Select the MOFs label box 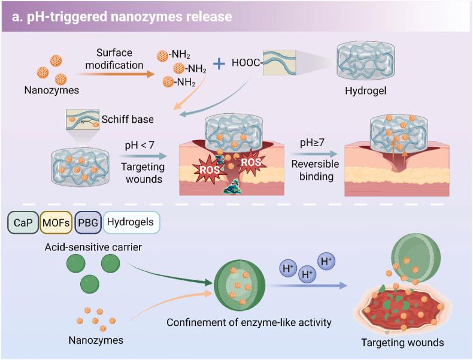pos(56,223)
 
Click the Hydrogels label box pos(130,223)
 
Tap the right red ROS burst pos(250,161)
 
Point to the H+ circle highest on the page pos(326,261)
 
